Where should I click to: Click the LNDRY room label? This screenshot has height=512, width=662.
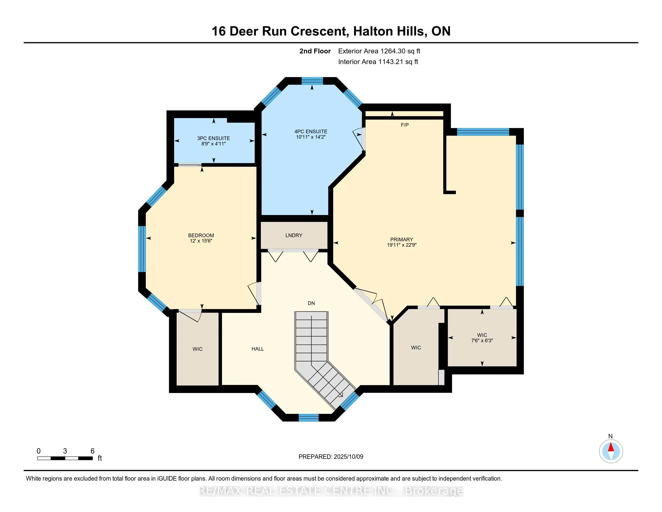[293, 236]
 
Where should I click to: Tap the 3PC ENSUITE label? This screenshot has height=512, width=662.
[213, 138]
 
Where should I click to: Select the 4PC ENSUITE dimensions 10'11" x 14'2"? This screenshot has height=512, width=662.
[311, 137]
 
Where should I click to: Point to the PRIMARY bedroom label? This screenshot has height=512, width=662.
[401, 240]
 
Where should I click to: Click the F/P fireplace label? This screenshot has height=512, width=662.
[404, 125]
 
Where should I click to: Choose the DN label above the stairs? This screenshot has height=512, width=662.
[311, 303]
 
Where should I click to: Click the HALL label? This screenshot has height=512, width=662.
[257, 349]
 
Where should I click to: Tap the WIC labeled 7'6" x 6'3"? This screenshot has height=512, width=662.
[482, 338]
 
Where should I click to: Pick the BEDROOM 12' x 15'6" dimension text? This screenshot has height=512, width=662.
[201, 241]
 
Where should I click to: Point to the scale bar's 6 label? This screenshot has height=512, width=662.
[92, 451]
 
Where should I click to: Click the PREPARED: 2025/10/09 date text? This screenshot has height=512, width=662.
[331, 457]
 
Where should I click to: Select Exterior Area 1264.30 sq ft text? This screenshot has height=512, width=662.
[379, 51]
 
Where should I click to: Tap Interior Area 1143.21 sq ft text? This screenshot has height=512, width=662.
[378, 62]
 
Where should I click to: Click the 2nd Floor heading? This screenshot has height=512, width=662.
[315, 51]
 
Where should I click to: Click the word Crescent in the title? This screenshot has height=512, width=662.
[318, 31]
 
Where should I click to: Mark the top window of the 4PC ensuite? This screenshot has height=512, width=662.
[312, 81]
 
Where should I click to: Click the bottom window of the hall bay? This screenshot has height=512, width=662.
[308, 418]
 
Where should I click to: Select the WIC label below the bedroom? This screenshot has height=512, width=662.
[197, 349]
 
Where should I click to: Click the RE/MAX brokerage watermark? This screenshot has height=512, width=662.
[331, 491]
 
